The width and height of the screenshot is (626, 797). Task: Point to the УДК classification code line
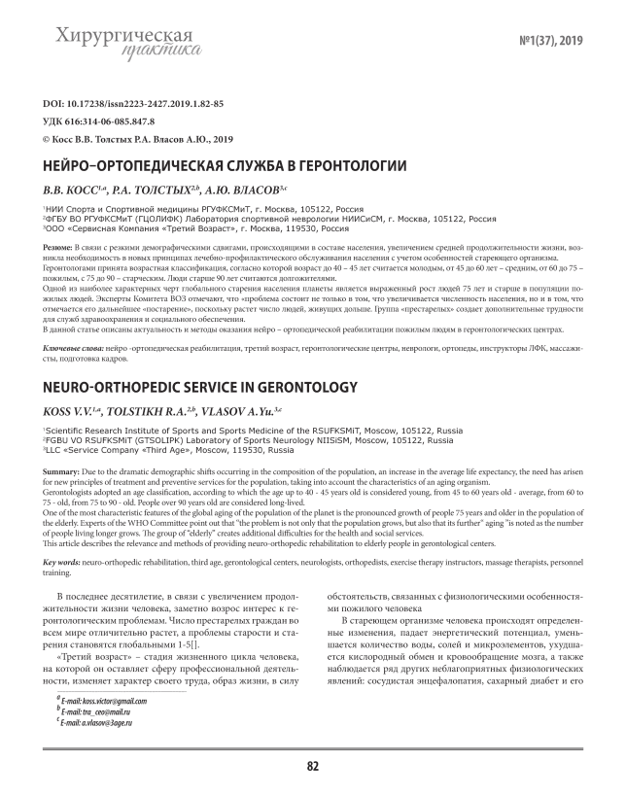point(101,121)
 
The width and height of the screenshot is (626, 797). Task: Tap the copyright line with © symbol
point(138,139)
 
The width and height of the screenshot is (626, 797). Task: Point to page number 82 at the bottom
point(313,766)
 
